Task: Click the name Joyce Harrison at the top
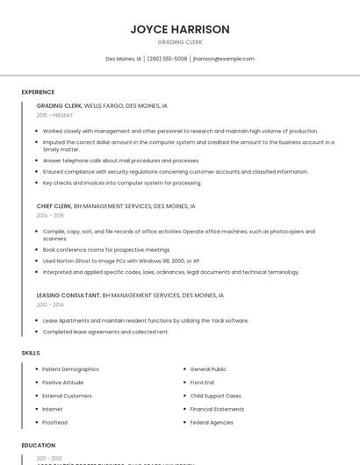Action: pos(180,29)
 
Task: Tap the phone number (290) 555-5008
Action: pos(168,59)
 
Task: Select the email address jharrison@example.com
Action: pos(224,59)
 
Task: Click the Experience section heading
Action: pos(38,92)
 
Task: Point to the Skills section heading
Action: pos(31,353)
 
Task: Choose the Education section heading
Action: pos(38,446)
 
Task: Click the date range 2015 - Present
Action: pos(54,115)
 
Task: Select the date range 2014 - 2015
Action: pos(50,215)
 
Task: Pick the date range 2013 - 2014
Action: pos(50,304)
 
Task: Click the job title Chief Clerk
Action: pos(54,205)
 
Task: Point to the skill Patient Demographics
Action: pos(70,369)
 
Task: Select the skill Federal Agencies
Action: pos(212,422)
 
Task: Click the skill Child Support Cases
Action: pos(215,396)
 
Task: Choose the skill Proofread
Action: pos(54,422)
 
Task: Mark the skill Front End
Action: pos(202,383)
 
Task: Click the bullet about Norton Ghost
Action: pos(121,261)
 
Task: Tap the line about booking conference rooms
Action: pos(106,249)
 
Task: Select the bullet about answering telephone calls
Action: pos(120,161)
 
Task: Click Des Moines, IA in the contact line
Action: pos(123,59)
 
